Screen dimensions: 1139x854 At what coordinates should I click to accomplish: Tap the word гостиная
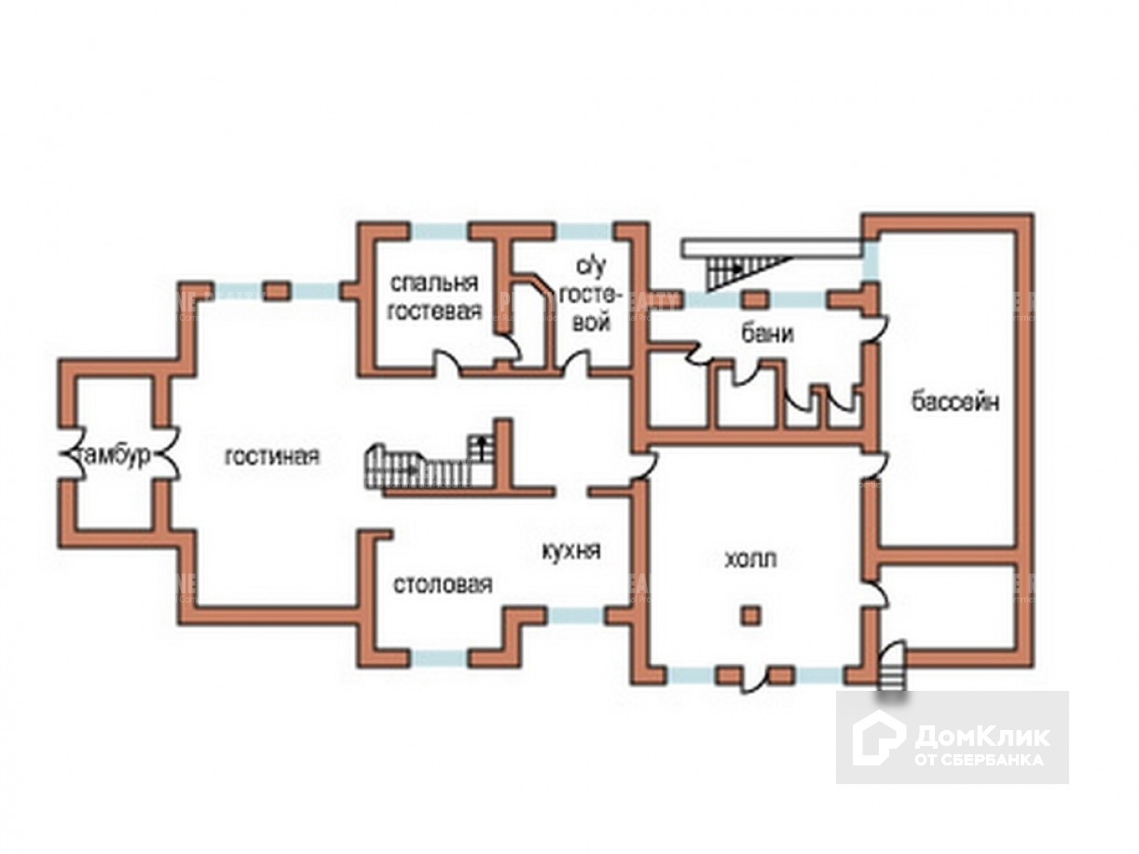click(x=272, y=457)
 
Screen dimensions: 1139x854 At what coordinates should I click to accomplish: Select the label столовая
click(x=442, y=585)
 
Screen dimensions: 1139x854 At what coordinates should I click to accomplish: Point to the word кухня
click(x=570, y=551)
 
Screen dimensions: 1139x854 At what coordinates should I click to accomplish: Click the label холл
click(x=750, y=559)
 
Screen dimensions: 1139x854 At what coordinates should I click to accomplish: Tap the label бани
click(x=768, y=333)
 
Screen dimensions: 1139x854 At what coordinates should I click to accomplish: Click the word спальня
click(x=433, y=282)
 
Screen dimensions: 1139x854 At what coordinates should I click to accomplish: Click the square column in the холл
click(x=750, y=615)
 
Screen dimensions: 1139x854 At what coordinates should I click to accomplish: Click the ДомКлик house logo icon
click(x=878, y=737)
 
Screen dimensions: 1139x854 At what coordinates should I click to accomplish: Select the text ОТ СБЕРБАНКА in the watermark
click(x=979, y=759)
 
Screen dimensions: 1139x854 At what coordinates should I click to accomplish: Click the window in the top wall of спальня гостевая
click(x=438, y=230)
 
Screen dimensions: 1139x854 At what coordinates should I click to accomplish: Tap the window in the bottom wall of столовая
click(x=438, y=658)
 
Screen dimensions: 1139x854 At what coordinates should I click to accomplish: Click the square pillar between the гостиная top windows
click(x=276, y=291)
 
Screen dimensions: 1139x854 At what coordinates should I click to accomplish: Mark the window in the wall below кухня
click(x=574, y=615)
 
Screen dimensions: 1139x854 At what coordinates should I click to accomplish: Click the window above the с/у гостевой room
click(x=584, y=230)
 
